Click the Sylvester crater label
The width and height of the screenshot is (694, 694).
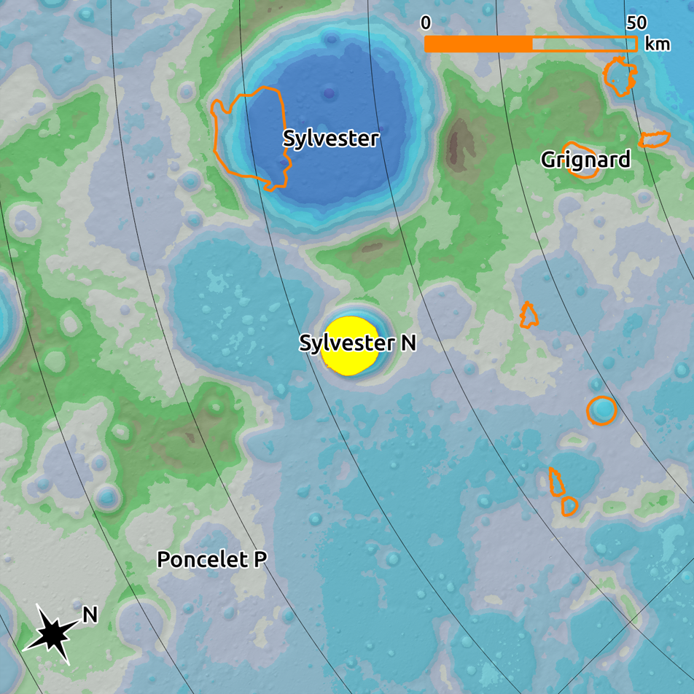(331, 139)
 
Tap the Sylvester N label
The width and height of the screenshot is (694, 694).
(357, 343)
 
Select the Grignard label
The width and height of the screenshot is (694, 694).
(585, 160)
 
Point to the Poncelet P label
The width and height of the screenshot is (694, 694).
(211, 560)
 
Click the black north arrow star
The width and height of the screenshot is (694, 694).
(51, 634)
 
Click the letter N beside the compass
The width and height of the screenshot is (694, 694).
(90, 615)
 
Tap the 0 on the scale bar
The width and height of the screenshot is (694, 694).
(426, 23)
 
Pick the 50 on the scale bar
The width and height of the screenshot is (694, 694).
(636, 23)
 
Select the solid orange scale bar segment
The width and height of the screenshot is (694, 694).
(478, 44)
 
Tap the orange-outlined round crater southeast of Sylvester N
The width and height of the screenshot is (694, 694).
(602, 410)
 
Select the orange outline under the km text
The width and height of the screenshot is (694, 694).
(620, 76)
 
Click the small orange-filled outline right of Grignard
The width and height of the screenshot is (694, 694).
(655, 139)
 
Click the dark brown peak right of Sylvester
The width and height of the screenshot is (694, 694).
(460, 143)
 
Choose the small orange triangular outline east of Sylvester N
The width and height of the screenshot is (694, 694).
(529, 315)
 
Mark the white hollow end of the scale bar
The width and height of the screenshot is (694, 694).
(585, 44)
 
